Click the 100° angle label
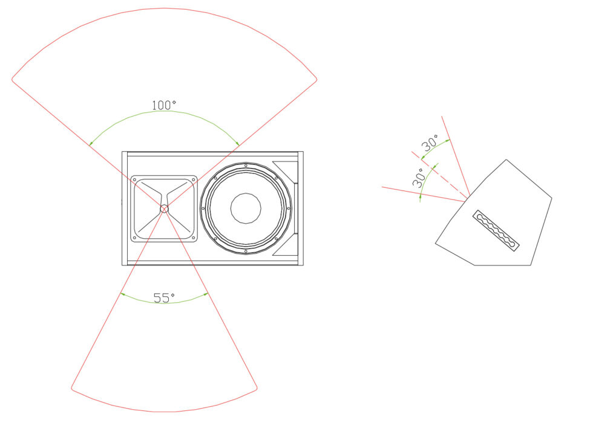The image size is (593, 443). [164, 105]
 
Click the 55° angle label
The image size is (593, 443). [164, 297]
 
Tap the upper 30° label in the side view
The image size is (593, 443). [430, 143]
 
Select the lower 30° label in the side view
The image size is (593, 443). [418, 178]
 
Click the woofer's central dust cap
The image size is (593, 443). [246, 208]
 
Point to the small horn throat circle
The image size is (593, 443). [164, 209]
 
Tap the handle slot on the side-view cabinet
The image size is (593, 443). [496, 230]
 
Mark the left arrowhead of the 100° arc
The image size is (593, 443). [91, 143]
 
